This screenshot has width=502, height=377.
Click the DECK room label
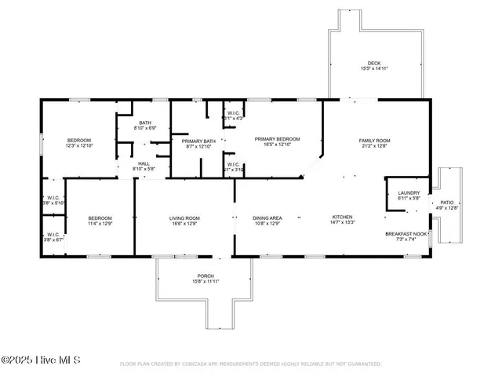click(374, 64)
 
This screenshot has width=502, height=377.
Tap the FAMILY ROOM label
click(374, 141)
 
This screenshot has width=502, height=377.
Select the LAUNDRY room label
click(409, 192)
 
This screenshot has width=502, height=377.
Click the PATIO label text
click(446, 203)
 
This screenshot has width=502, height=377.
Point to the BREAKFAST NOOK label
click(406, 233)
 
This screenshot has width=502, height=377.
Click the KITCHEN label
click(342, 218)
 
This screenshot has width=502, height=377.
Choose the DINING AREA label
click(267, 218)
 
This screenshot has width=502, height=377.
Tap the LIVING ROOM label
click(185, 218)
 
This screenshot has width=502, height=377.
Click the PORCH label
click(206, 276)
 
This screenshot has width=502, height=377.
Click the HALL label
click(144, 163)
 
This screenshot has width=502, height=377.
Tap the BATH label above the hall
click(145, 123)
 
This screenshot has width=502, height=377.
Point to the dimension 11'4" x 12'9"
click(100, 223)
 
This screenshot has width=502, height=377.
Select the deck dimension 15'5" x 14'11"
click(374, 69)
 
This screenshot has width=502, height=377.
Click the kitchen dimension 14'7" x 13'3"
click(342, 223)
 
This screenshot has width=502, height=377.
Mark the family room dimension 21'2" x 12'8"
click(374, 146)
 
